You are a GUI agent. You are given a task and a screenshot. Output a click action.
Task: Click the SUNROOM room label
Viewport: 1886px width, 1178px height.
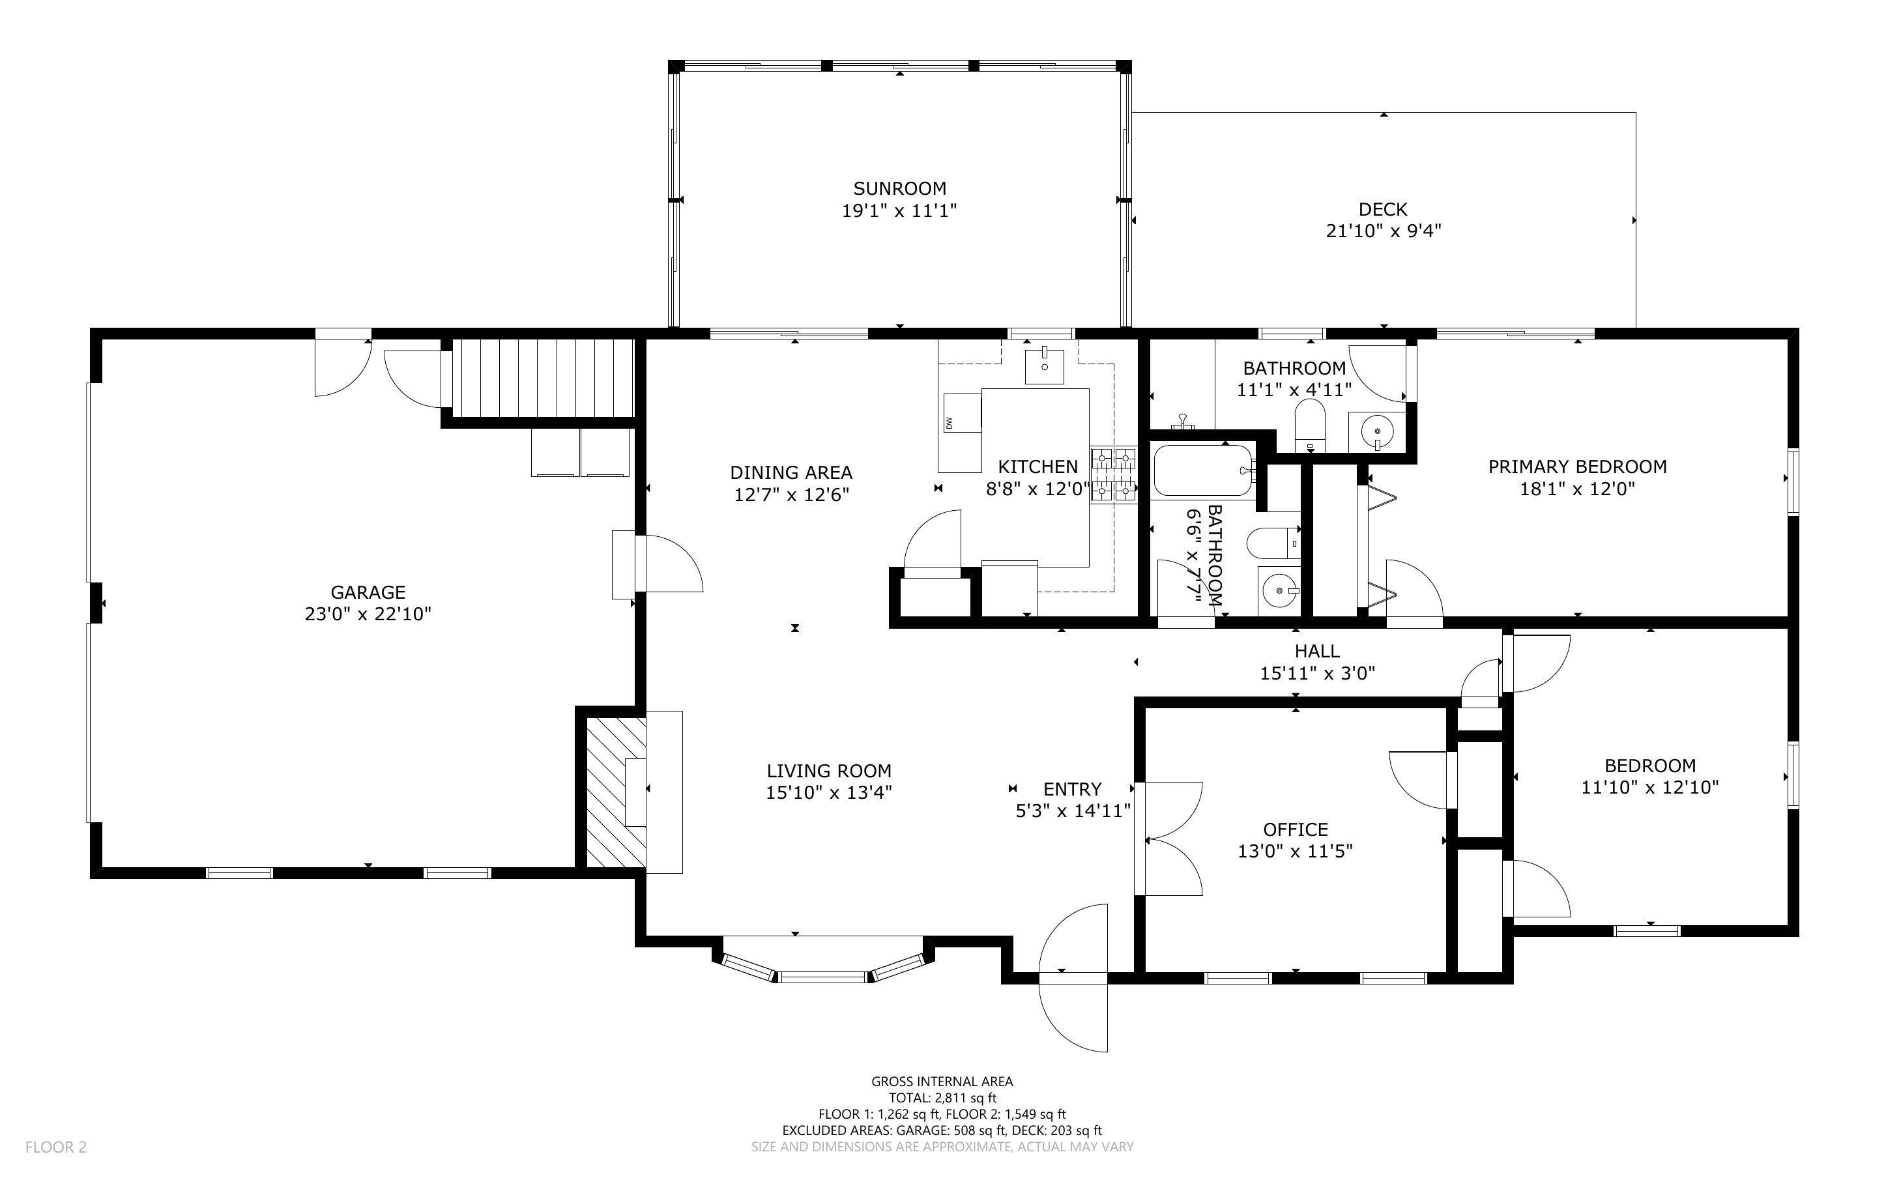click(900, 188)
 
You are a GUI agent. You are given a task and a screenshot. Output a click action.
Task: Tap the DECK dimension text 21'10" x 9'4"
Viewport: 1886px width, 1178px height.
click(1384, 231)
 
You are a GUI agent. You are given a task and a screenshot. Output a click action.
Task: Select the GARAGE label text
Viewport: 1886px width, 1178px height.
click(368, 592)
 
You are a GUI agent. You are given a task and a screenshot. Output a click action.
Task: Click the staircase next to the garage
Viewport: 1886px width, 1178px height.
click(542, 379)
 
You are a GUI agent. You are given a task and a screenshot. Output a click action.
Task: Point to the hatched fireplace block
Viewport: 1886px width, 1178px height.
click(615, 792)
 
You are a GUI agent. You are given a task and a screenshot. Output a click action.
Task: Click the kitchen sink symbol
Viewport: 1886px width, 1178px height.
click(1045, 366)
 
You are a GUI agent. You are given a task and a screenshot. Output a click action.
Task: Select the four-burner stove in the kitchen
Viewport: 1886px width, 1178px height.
click(1114, 474)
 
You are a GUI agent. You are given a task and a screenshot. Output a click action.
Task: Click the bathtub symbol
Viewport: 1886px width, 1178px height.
click(1204, 470)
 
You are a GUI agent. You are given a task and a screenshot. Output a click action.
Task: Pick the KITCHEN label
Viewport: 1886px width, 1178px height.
click(1037, 467)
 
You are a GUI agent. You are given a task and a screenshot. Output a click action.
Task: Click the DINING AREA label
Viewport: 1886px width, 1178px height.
click(791, 472)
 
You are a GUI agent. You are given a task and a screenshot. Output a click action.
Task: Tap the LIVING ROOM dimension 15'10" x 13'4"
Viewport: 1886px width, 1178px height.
click(829, 792)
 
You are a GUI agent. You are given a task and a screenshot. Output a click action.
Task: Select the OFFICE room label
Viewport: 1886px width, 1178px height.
click(1296, 829)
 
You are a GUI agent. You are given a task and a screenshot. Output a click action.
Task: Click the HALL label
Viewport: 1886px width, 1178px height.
click(1317, 650)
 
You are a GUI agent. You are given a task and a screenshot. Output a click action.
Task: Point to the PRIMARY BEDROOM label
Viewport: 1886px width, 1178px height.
click(1578, 467)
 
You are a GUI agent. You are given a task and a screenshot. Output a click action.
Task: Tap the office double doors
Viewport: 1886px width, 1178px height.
click(1168, 839)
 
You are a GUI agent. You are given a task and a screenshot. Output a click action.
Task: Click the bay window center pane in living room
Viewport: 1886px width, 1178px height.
click(824, 977)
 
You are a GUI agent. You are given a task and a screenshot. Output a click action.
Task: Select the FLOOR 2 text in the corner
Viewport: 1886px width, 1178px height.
click(56, 1147)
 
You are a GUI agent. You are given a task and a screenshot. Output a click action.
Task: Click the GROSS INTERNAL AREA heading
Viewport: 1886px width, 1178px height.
click(942, 1082)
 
